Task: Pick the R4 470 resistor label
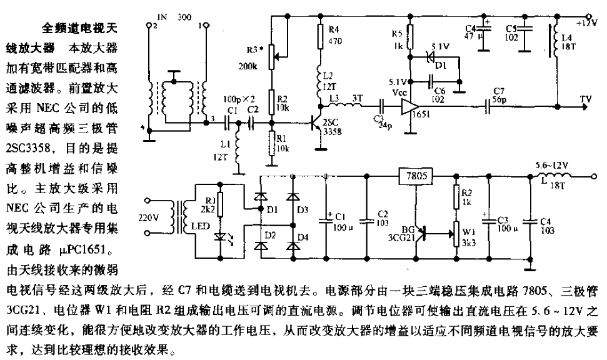tap(335, 36)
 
